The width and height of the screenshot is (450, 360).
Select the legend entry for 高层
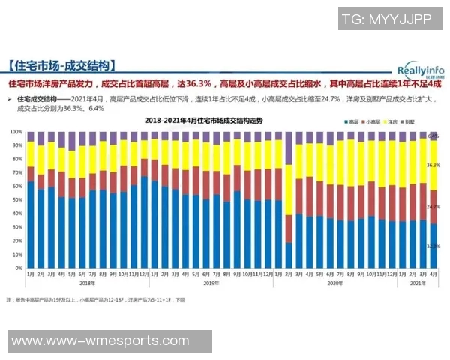(350, 121)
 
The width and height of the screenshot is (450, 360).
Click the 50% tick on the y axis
(16, 200)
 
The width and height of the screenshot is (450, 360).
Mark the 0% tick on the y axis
(17, 268)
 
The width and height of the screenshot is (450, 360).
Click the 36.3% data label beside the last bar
(433, 165)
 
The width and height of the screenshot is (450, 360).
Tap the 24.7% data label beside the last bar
(433, 206)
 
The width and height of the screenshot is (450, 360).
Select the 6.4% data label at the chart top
(433, 136)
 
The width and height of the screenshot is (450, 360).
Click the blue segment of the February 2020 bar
(289, 255)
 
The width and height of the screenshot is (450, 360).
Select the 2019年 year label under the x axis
(211, 283)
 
